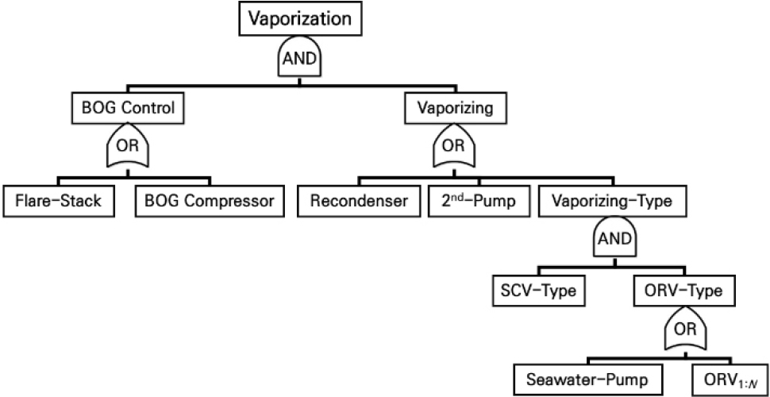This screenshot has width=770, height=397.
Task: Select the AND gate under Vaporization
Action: [x=295, y=59]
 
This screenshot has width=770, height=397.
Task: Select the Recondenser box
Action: [x=359, y=201]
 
